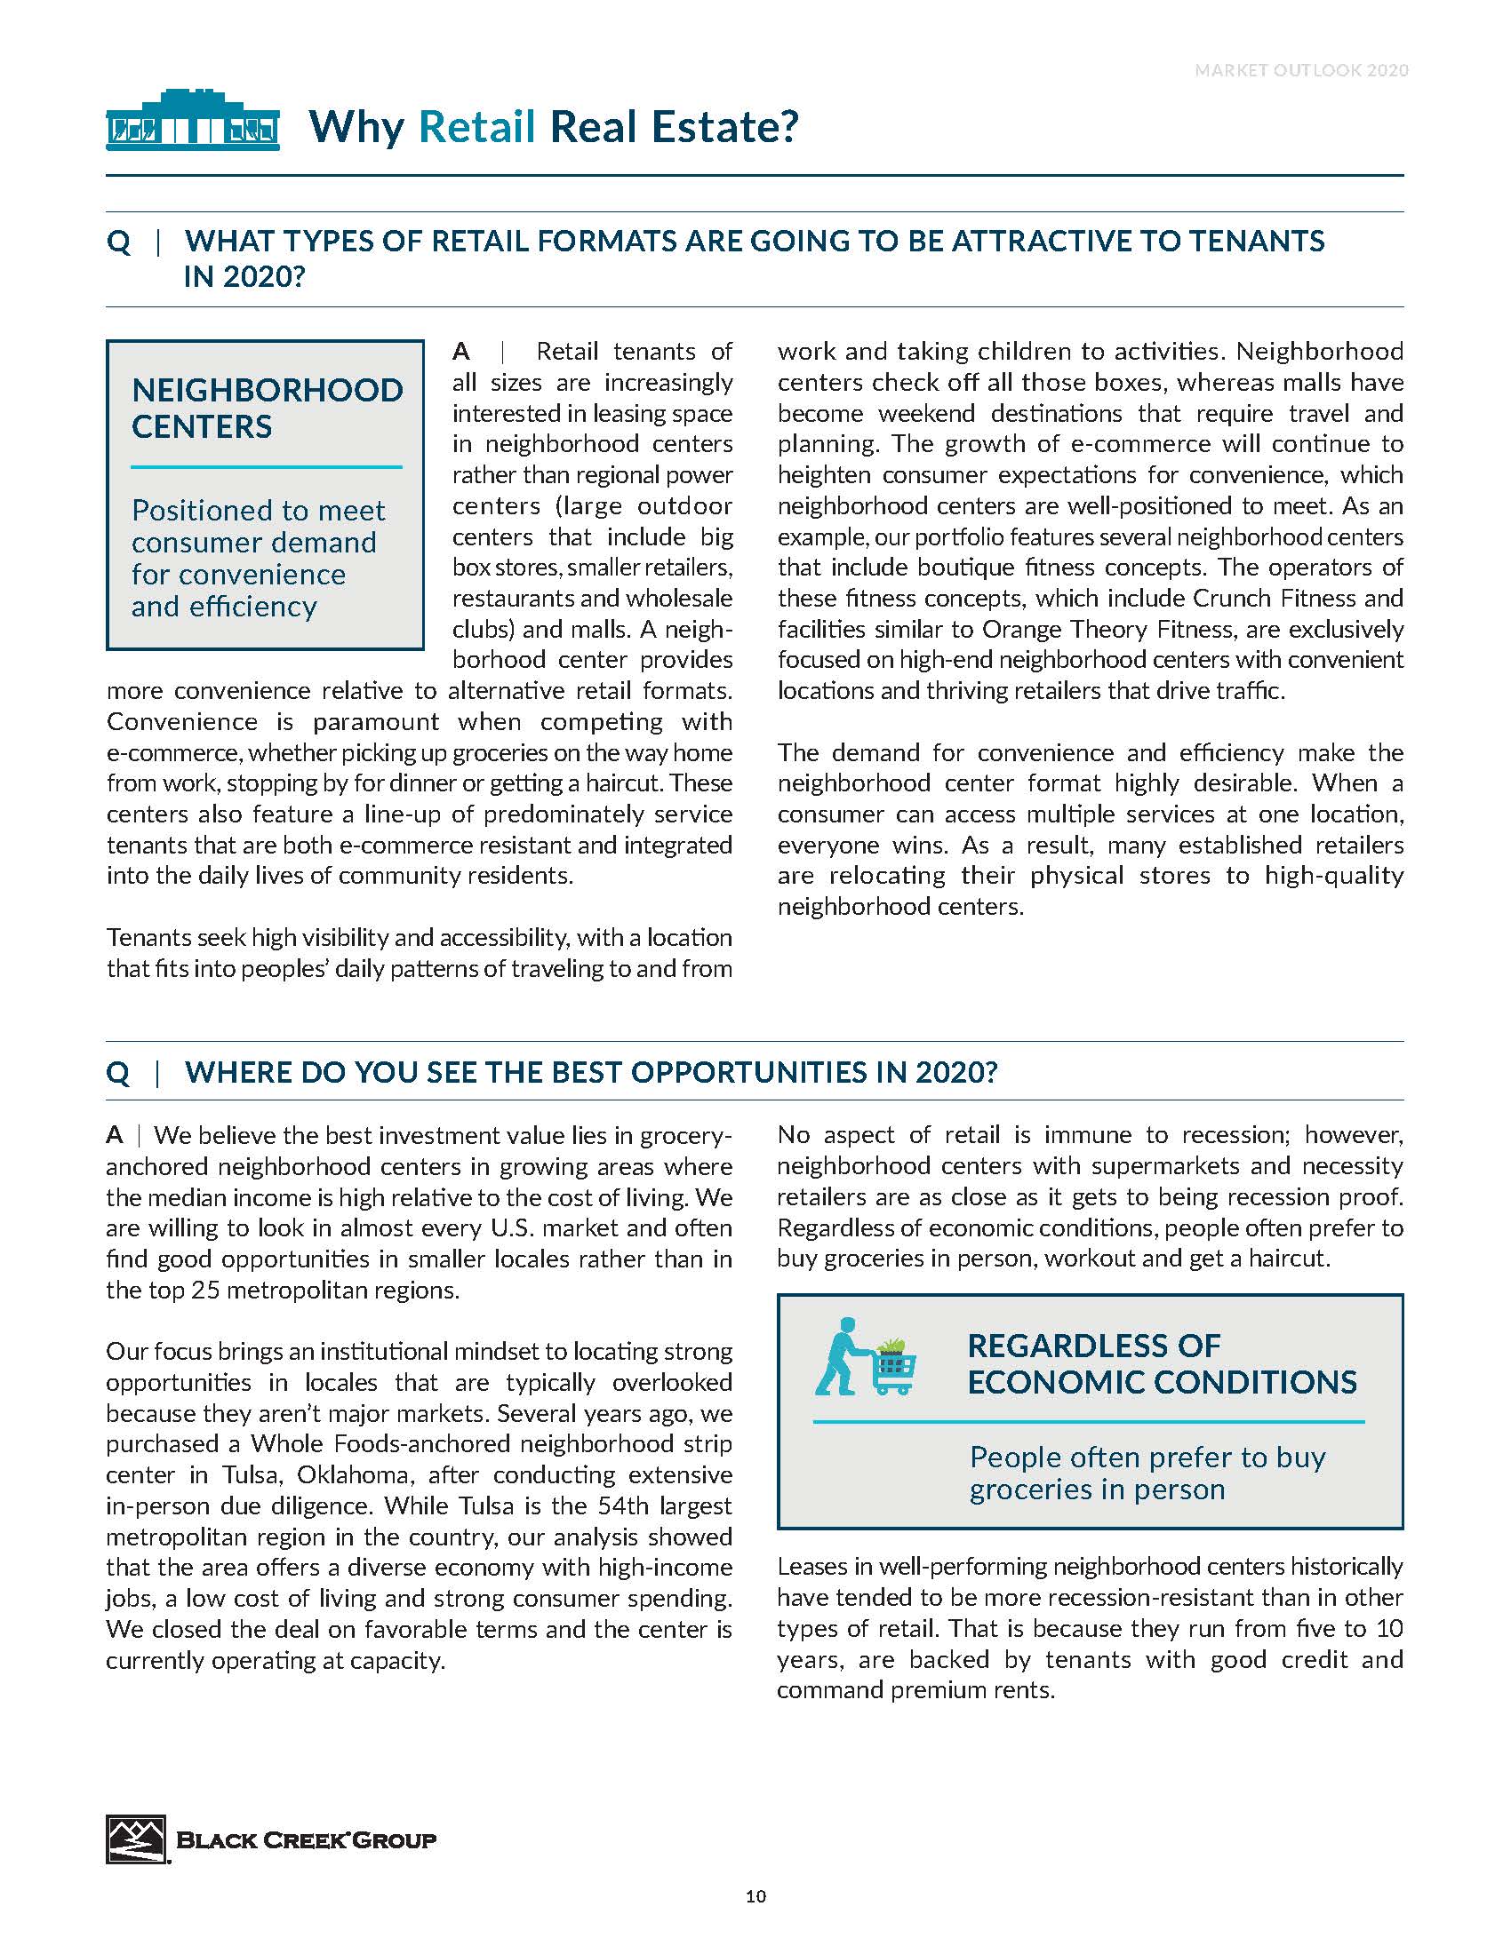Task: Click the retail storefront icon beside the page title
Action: tap(193, 120)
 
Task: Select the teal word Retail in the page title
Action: tap(476, 126)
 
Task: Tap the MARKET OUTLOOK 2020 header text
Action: tap(1300, 70)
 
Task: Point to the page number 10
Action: tap(755, 1896)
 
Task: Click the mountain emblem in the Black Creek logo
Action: tap(136, 1839)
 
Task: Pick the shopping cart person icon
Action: tap(865, 1356)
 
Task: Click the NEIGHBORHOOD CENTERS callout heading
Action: tap(267, 408)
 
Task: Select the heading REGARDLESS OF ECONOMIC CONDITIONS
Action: tap(1161, 1363)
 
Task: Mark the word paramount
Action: tap(376, 721)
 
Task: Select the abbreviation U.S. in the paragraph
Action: tap(517, 1227)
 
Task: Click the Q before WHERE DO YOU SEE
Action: tap(118, 1072)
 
